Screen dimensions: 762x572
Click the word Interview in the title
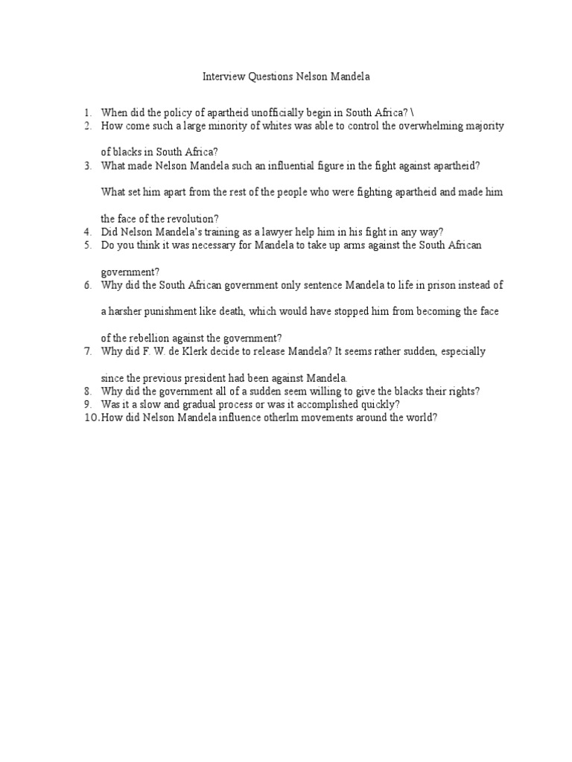[x=222, y=76]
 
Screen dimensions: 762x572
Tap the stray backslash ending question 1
[x=412, y=112]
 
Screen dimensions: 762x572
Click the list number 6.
[x=87, y=285]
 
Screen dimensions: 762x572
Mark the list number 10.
[x=89, y=418]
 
